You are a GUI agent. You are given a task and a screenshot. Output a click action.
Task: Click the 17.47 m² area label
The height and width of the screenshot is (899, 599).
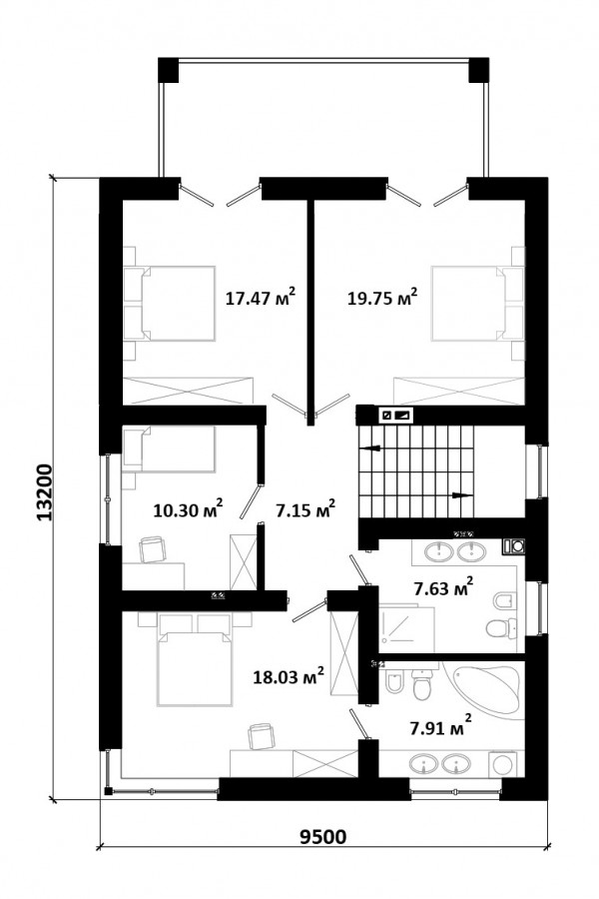pos(261,298)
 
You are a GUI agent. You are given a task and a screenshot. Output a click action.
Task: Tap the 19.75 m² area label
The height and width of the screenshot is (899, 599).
pos(382,298)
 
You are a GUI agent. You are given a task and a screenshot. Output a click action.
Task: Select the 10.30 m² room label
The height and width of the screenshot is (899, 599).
pos(188,509)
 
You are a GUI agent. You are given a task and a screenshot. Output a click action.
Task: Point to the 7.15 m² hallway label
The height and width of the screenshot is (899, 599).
pos(305,509)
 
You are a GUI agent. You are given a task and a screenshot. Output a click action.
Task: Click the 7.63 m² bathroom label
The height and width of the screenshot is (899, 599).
pos(443,587)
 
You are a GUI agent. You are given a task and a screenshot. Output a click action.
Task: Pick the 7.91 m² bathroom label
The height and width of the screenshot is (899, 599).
pos(441,727)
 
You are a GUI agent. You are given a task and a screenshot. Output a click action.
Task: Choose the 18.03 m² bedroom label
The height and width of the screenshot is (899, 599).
pos(289,676)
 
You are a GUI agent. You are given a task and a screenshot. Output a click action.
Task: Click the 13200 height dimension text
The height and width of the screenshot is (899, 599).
pos(44,492)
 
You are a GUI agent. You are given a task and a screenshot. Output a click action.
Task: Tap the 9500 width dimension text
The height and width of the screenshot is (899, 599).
pos(323,836)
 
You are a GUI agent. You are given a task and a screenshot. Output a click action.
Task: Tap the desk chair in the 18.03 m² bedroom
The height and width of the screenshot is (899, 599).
pos(262,736)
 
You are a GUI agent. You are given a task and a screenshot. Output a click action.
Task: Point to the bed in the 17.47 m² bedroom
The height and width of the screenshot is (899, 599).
pos(170,304)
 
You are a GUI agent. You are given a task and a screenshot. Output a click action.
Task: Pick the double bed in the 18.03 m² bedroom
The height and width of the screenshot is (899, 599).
pos(195,659)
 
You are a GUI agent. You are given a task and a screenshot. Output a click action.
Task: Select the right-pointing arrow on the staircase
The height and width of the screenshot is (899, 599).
pos(461,494)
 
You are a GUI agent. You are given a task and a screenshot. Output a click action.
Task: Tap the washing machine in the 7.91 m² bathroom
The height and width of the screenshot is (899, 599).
pos(505,764)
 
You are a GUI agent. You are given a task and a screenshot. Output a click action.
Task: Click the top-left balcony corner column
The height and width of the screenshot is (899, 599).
pos(168,69)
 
